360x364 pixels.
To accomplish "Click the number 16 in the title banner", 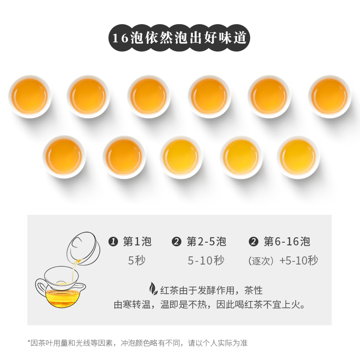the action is [120, 38].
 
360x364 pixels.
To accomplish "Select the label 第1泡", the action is [137, 241].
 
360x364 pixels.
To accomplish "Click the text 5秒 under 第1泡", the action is [137, 260].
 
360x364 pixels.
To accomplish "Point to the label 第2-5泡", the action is [206, 241].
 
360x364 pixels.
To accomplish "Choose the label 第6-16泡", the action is [287, 241].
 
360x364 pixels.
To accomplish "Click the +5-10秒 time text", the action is [299, 260].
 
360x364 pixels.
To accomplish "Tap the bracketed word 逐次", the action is [261, 261].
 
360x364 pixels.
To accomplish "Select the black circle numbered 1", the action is [113, 242].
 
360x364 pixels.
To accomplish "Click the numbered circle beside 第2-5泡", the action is [176, 242].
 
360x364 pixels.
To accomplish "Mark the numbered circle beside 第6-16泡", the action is [253, 242].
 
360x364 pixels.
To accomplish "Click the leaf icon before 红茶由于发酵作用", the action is [153, 289].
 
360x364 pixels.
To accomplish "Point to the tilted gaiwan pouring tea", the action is [83, 248].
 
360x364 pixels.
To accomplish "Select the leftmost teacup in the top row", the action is [30, 97].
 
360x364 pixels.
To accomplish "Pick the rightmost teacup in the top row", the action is [329, 97].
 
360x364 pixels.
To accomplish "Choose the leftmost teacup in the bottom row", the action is [64, 157].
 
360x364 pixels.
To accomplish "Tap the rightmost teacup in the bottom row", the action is [298, 157].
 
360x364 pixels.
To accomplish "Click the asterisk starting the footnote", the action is [29, 342].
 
